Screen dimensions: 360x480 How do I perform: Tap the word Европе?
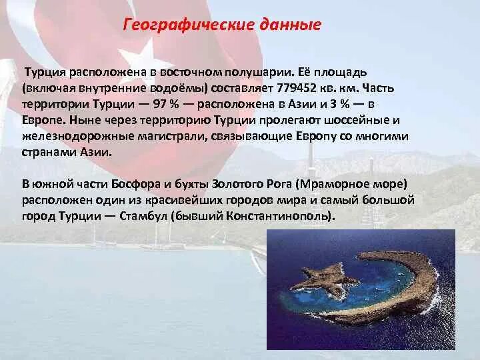point(43,120)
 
